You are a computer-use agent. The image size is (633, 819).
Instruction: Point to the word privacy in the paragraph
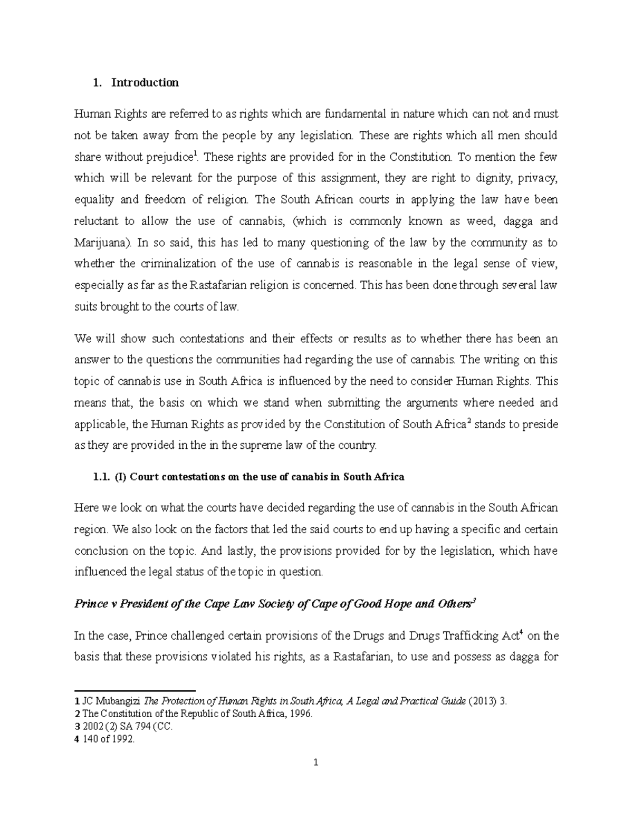point(538,178)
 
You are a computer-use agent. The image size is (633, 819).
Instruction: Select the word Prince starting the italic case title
point(91,604)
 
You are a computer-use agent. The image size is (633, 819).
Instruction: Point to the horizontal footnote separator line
point(135,690)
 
